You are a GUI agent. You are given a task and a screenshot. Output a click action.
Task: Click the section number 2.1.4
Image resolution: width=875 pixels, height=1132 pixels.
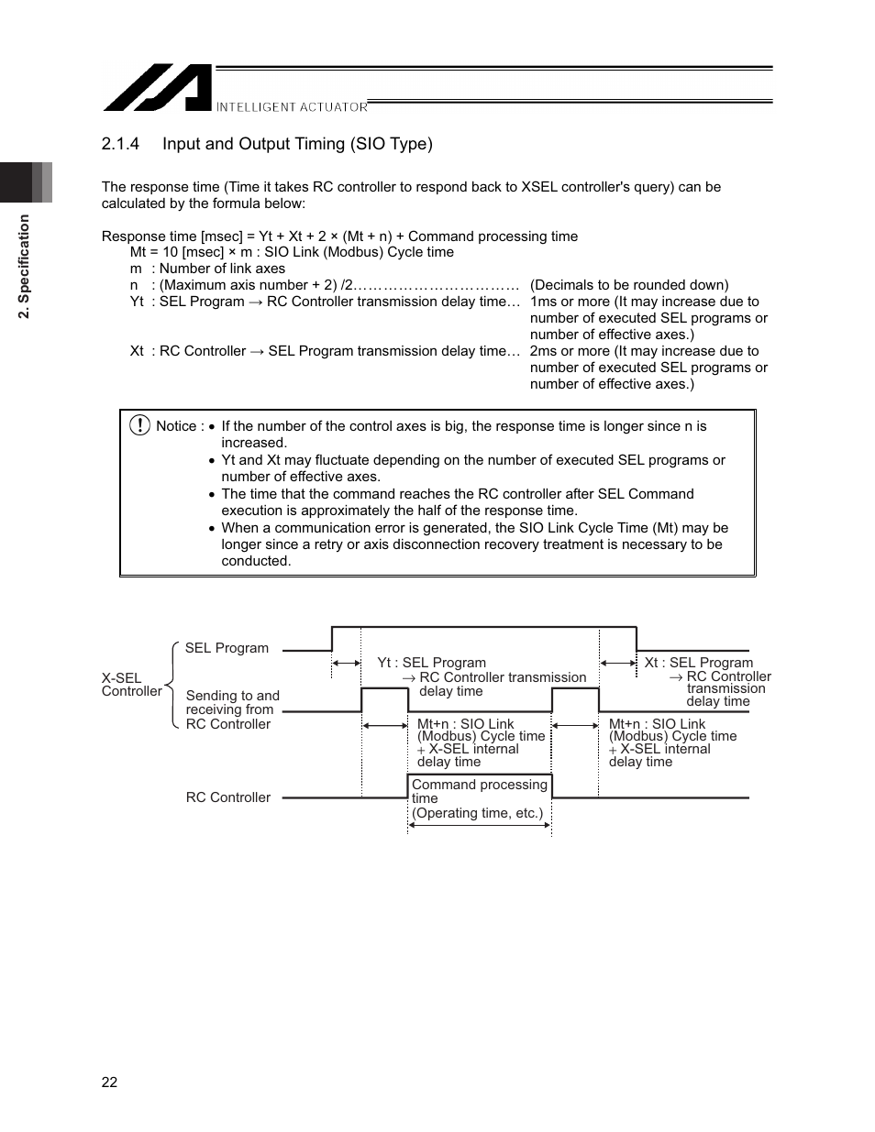120,144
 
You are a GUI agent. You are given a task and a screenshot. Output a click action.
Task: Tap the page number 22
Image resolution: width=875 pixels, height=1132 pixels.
109,1083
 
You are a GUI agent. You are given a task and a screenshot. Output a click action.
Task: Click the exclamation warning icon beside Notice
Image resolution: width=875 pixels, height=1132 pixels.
139,425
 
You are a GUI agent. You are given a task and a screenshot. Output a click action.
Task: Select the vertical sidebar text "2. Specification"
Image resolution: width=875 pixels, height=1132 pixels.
25,267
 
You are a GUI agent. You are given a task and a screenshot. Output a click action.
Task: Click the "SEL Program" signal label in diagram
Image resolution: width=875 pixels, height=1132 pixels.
227,648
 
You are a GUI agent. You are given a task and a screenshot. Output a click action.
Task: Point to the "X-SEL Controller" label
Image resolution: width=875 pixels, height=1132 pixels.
130,685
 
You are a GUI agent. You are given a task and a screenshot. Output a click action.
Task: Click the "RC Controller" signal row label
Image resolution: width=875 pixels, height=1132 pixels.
227,797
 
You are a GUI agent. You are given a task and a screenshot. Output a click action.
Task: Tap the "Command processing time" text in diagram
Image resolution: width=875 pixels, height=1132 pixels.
479,791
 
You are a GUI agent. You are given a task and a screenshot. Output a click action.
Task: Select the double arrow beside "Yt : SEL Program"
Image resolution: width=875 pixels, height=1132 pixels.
346,663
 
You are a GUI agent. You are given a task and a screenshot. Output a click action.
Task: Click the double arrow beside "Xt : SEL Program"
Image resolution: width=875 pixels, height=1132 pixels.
617,663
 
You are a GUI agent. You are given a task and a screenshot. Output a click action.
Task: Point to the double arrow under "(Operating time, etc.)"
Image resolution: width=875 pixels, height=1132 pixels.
479,825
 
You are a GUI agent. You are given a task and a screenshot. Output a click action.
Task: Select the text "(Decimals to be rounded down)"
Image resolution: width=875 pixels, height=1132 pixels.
629,285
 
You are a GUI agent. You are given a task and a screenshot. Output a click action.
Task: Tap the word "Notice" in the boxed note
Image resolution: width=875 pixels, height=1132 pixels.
176,426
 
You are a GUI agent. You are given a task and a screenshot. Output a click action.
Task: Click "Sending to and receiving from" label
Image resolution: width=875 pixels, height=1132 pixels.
232,703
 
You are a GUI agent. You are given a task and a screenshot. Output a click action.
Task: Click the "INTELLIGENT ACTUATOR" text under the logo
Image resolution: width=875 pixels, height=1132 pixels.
292,107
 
